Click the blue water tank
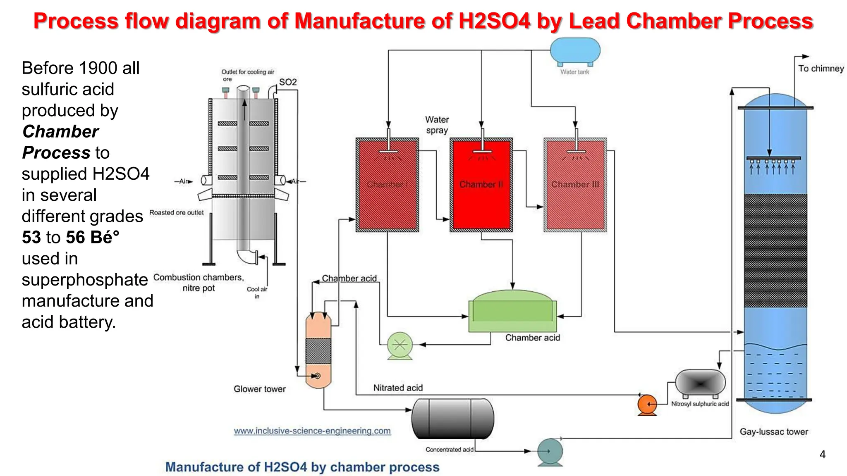pos(575,50)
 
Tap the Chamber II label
pos(481,184)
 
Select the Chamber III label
pos(575,184)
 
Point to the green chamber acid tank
pos(512,312)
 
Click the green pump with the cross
pos(400,345)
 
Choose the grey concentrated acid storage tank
pos(453,419)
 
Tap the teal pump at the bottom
pos(550,452)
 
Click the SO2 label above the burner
pos(288,82)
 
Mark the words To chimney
pos(821,69)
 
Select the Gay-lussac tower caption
pos(774,432)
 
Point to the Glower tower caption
pos(259,389)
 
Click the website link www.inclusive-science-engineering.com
pos(312,431)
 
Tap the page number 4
pos(823,455)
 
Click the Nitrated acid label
pos(398,388)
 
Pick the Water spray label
pos(437,125)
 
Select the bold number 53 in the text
pos(31,237)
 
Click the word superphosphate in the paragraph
pos(85,280)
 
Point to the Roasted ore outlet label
pos(177,212)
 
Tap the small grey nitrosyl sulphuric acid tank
pos(700,383)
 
